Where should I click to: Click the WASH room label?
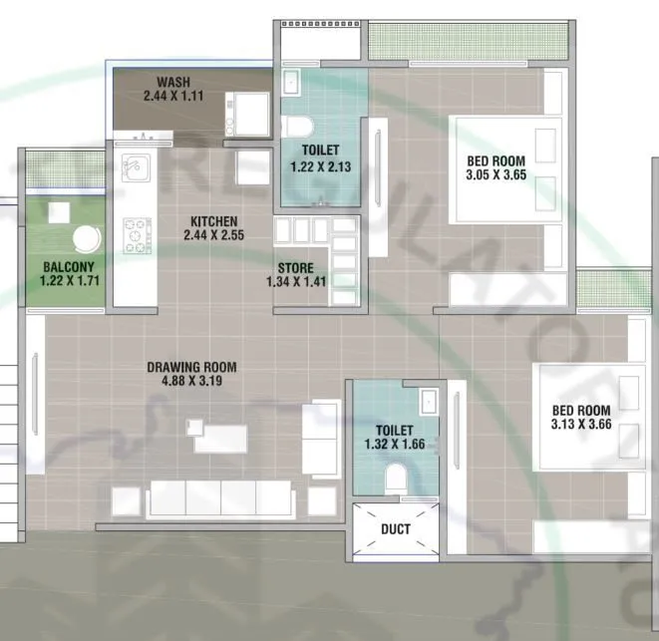(x=173, y=82)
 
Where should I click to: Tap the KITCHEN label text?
(x=213, y=221)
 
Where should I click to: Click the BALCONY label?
(x=68, y=266)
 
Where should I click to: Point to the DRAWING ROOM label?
(x=191, y=367)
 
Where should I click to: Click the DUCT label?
(x=395, y=530)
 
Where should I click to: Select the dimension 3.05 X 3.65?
(x=495, y=175)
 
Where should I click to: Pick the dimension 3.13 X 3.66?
(x=580, y=425)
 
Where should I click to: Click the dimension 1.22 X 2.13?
(x=320, y=167)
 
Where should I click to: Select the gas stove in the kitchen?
(x=136, y=235)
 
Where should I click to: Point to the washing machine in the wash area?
(x=249, y=112)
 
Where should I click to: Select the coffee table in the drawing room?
(x=219, y=437)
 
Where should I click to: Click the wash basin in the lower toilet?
(x=428, y=400)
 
